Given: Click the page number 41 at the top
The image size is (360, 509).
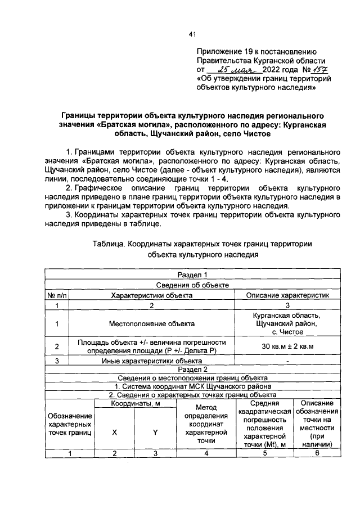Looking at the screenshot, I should pos(192,35).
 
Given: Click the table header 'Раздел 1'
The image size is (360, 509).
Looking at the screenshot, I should pos(192,274).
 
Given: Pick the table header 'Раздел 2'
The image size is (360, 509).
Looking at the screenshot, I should pos(192,369).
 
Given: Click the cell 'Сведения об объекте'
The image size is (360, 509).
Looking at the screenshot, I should pos(192,285).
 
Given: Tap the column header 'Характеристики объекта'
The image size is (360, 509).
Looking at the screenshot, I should pos(152,295).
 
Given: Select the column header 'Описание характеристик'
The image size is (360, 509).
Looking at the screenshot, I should pos(287,295).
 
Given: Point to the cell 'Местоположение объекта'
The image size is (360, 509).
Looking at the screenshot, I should pos(152,323).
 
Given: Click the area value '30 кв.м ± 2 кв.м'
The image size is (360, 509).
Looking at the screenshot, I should pos(287,346).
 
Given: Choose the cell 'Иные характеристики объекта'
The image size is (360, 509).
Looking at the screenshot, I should pos(152,361).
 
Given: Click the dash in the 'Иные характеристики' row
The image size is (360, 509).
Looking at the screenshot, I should pos(287,361).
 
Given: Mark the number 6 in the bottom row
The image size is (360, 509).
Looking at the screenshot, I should pos(317,454).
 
